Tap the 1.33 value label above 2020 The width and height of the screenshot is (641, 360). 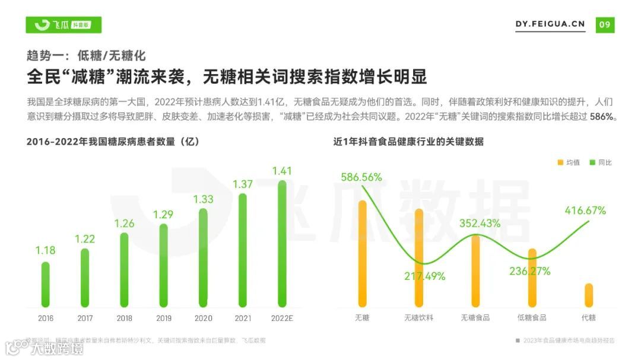click(203, 199)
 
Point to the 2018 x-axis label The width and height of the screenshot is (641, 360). click(124, 318)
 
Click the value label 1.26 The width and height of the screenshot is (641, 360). click(124, 224)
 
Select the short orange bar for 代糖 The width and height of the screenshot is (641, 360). click(589, 295)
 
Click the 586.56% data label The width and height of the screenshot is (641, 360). click(361, 177)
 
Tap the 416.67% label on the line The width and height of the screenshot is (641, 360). click(585, 211)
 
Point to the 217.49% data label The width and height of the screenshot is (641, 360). click(425, 276)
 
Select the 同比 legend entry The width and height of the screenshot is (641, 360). click(601, 163)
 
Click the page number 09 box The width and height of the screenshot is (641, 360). click(605, 25)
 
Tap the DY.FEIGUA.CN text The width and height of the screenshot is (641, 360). click(550, 25)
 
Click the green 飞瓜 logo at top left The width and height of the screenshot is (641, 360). click(64, 25)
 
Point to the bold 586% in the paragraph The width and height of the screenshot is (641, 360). click(604, 117)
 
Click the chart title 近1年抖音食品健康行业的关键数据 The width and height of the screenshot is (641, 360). click(408, 142)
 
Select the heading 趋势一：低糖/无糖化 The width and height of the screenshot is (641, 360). click(86, 56)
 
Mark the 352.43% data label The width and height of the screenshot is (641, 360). click(480, 224)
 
